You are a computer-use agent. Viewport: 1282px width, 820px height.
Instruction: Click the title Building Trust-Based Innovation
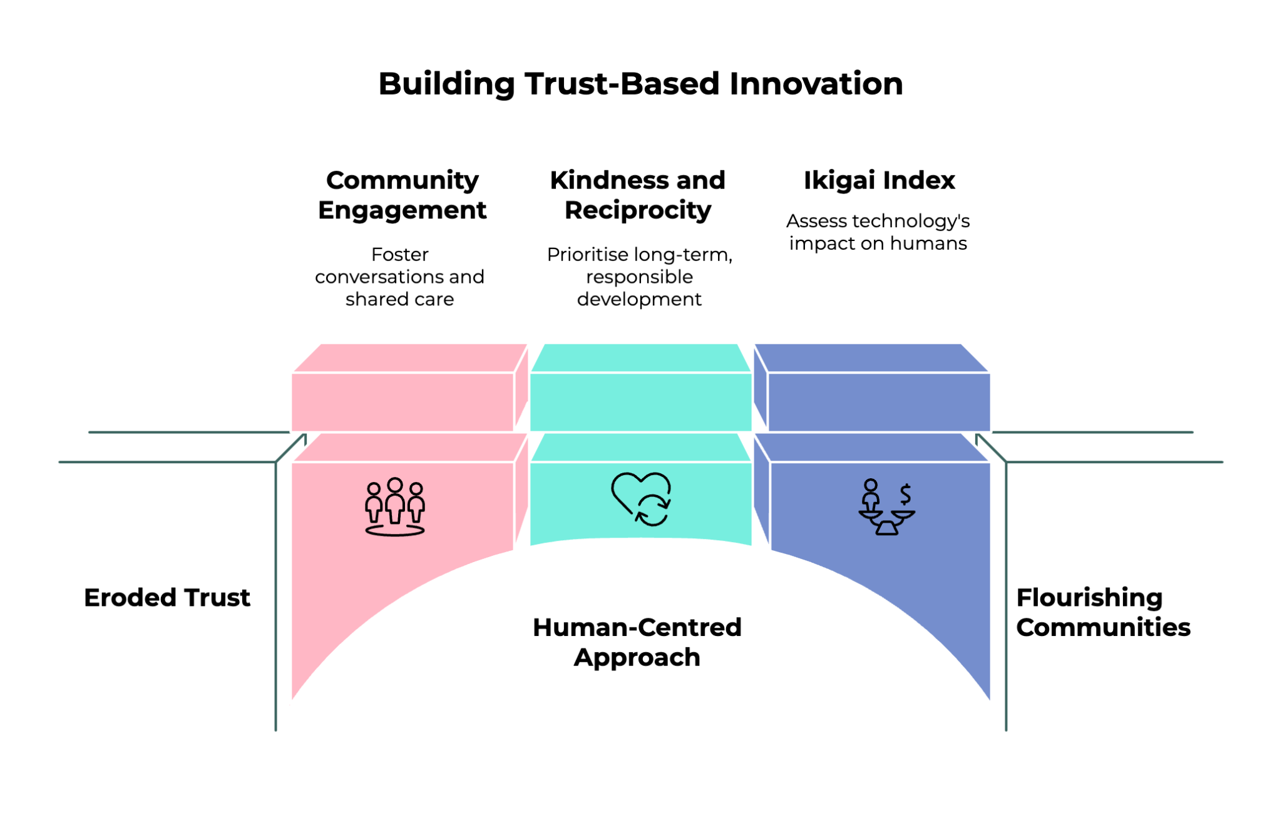(640, 84)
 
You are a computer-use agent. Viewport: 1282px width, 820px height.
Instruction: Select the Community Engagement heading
(402, 195)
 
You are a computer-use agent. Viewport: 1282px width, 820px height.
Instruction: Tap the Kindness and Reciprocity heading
(637, 195)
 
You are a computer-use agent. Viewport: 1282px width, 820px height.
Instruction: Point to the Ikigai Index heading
(879, 181)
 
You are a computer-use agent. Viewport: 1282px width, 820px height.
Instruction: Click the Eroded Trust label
(167, 598)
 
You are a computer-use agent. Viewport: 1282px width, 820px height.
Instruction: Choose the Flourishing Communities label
(1102, 612)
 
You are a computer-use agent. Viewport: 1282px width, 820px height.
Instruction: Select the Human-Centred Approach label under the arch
(637, 642)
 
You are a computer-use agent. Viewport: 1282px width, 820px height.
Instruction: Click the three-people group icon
(395, 507)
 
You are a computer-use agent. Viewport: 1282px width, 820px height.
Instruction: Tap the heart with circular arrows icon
(642, 499)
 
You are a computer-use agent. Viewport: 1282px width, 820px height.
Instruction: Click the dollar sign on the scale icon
(905, 495)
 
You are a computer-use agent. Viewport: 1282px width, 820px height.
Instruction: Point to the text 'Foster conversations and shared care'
(399, 277)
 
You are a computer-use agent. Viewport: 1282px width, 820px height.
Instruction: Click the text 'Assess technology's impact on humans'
(878, 232)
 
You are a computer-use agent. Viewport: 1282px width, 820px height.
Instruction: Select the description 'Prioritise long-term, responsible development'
(639, 277)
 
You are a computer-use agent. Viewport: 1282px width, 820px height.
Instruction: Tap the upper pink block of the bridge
(403, 401)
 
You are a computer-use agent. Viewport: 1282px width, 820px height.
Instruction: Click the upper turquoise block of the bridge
(640, 401)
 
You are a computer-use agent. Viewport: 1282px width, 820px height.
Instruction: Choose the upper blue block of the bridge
(878, 401)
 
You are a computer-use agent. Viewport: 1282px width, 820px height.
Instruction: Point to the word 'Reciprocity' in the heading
(638, 210)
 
